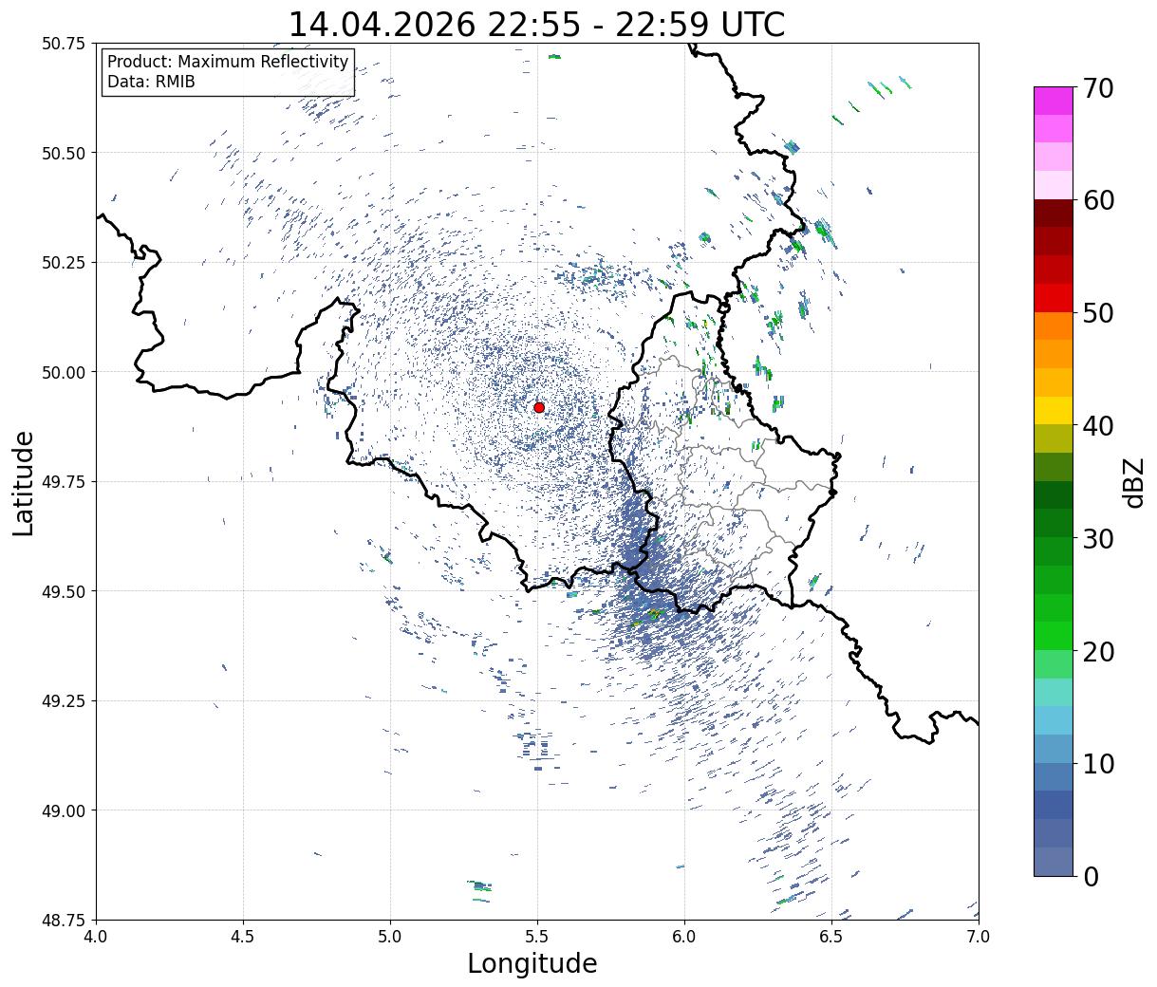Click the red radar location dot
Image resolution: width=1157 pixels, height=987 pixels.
coord(538,407)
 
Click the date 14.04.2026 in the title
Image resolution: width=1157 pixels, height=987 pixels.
coord(382,26)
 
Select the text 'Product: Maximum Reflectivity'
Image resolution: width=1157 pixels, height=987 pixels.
coord(228,61)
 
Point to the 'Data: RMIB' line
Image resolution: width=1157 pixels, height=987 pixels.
coord(151,82)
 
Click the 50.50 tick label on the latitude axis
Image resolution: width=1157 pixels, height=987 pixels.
coord(64,153)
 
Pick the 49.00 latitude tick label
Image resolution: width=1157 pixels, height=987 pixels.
coord(64,810)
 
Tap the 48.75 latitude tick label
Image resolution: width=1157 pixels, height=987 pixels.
coord(64,920)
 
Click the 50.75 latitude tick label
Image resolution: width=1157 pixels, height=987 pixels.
coord(64,43)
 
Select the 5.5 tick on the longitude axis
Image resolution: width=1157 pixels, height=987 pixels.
coord(537,937)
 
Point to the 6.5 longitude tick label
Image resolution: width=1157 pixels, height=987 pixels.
coord(831,937)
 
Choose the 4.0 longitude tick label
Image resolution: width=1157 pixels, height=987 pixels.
coord(96,937)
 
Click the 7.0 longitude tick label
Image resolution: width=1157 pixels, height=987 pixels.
coord(979,937)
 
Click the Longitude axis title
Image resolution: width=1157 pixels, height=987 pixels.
coord(532,964)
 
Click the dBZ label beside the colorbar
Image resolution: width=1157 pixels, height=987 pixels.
coord(1133,482)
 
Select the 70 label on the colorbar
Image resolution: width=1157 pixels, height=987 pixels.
coord(1097,88)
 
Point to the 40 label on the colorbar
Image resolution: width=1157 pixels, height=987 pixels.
coord(1097,427)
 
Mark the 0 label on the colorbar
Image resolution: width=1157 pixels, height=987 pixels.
coord(1091,877)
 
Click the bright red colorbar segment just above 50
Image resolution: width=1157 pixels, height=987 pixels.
coord(1054,298)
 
